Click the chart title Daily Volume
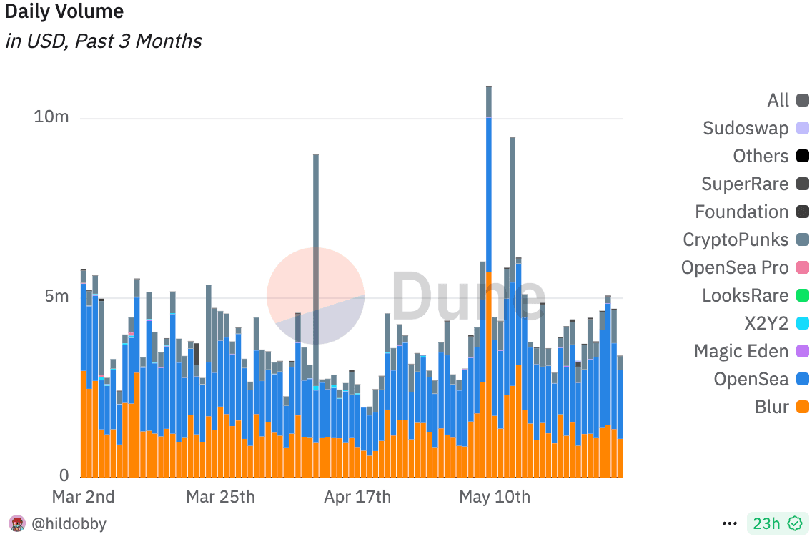(x=64, y=12)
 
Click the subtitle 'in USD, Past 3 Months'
(x=103, y=41)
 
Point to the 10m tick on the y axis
(x=51, y=117)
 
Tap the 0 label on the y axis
(x=64, y=475)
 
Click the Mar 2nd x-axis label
(x=84, y=497)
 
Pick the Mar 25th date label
(x=220, y=497)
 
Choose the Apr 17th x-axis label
(x=357, y=497)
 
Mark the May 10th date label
(x=495, y=497)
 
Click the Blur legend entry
(x=772, y=407)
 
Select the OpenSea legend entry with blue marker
(x=751, y=380)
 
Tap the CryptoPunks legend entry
(x=736, y=240)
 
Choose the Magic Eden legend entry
(x=741, y=352)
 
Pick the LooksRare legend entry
(x=745, y=296)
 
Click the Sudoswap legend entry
(x=746, y=129)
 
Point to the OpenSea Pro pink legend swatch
(x=803, y=268)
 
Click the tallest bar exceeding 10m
(x=489, y=286)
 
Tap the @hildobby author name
(x=69, y=524)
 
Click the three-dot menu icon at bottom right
(x=730, y=524)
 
